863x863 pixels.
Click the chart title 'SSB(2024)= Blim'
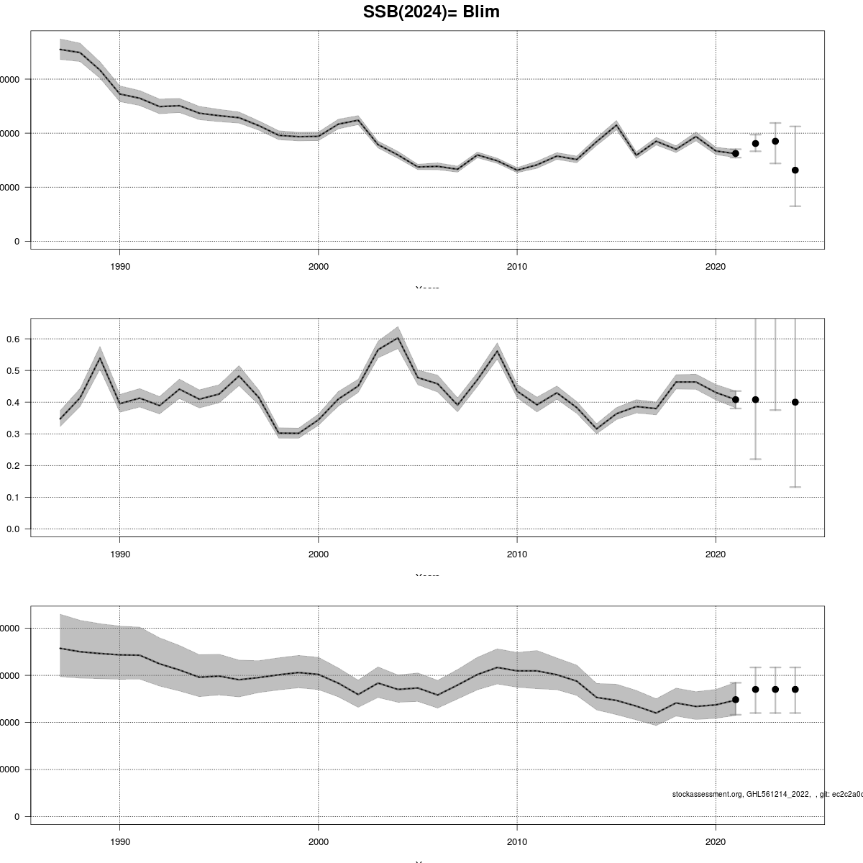coord(431,12)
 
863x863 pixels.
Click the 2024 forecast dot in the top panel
coord(795,170)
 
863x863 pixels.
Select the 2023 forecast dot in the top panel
coord(775,141)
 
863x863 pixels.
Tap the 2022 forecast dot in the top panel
coord(755,144)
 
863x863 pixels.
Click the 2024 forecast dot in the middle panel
coord(795,402)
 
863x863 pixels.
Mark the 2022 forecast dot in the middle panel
coord(755,400)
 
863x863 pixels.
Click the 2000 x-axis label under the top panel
coord(318,266)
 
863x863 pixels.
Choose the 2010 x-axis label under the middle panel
coord(516,554)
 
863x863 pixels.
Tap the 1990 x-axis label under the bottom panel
coord(119,841)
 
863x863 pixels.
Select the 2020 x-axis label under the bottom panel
coord(715,841)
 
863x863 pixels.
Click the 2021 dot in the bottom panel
coord(735,700)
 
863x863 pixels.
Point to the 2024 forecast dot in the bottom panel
coord(795,689)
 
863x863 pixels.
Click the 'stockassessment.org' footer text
coord(707,794)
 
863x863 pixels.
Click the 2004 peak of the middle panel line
coord(398,338)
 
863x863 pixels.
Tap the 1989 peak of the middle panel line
coord(100,358)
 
